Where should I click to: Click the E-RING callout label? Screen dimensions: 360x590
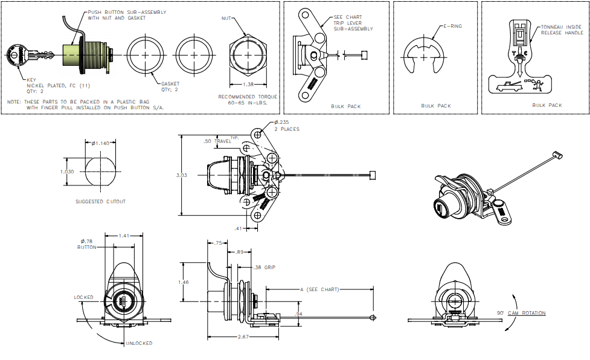(x=453, y=26)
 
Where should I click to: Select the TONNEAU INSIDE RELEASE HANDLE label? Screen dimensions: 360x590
(x=562, y=30)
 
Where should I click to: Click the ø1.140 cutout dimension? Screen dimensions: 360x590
(x=100, y=143)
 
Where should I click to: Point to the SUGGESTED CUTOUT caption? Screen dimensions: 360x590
(x=101, y=201)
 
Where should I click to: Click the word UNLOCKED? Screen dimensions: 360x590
(x=139, y=343)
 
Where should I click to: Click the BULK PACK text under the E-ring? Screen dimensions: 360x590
(x=436, y=106)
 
